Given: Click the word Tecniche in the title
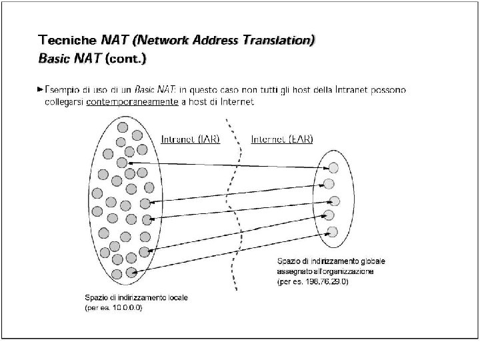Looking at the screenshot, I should click(67, 40).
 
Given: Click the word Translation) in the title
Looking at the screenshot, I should click(279, 40).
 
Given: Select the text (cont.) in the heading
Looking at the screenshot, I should click(127, 58).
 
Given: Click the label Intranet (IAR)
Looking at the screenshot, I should click(191, 139).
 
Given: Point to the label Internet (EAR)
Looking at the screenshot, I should click(281, 139).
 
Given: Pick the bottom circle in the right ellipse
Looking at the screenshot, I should click(332, 231).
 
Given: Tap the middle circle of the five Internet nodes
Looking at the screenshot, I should click(334, 201).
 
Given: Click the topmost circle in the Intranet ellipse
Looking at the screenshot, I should click(122, 126).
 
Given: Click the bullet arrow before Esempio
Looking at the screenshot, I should click(41, 89).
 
